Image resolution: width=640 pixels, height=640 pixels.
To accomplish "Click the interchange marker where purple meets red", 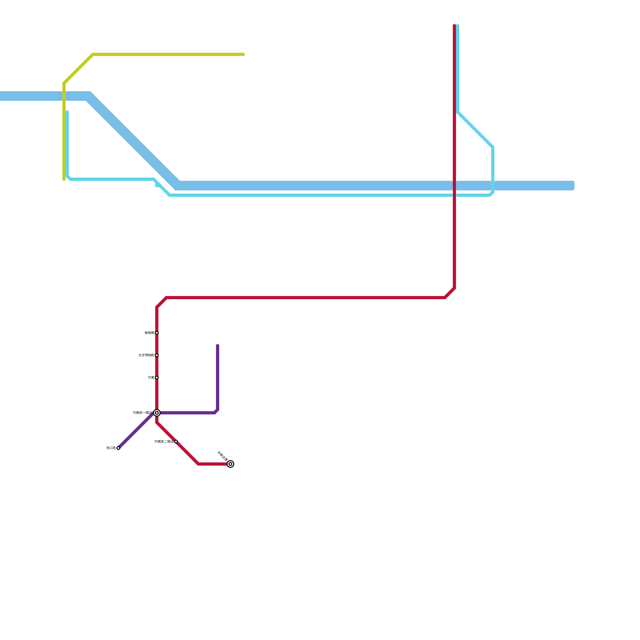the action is coord(157,413).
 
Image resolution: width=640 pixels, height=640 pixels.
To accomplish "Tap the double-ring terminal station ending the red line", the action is coord(230,464).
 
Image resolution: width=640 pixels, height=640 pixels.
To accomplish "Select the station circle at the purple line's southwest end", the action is coord(118,448).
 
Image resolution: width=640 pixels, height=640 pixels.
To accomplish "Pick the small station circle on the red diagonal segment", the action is coord(176,442).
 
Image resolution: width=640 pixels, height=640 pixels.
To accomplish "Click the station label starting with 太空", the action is coord(146,355).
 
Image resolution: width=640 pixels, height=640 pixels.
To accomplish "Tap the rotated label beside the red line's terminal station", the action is coord(222,456).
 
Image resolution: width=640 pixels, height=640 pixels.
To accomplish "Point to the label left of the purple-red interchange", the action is coord(142,413).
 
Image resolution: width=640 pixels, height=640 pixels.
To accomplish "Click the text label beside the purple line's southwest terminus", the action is coord(111,448).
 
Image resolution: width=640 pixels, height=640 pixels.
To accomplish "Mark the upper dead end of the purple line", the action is coord(218,345).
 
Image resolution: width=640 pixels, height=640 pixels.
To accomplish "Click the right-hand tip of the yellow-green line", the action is coord(244,54).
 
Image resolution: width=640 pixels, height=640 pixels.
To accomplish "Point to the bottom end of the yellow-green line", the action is coord(64,180).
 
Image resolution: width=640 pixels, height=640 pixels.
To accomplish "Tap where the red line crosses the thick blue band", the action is coord(454,186).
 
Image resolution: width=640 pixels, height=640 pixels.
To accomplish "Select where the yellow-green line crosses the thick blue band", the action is coord(64,96).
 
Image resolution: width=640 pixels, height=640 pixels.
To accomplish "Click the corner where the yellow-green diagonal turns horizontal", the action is coord(93,54).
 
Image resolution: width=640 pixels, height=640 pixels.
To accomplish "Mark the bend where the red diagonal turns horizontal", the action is coord(198,464).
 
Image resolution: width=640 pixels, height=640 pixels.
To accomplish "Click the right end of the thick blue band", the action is coord(573,186).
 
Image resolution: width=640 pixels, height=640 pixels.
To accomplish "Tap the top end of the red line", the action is coord(454,25).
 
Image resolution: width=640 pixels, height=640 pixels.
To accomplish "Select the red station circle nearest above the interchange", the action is coord(157,378).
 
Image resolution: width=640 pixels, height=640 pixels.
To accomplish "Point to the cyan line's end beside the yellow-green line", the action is coord(67,112).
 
